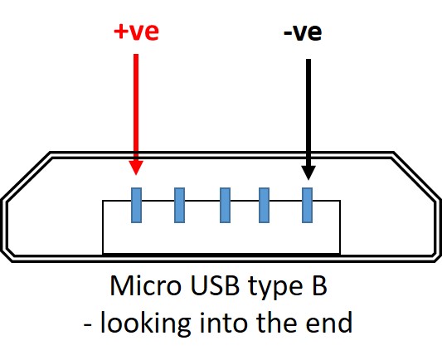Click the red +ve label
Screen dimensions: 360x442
(x=136, y=32)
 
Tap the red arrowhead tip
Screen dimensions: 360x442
(x=137, y=174)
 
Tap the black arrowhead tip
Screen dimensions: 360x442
(x=308, y=178)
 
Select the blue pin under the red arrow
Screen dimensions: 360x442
(x=137, y=205)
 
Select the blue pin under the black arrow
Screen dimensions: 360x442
(x=308, y=205)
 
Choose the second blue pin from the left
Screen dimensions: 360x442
(x=179, y=205)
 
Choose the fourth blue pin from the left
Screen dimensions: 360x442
(x=265, y=205)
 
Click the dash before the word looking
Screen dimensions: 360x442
(x=89, y=324)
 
